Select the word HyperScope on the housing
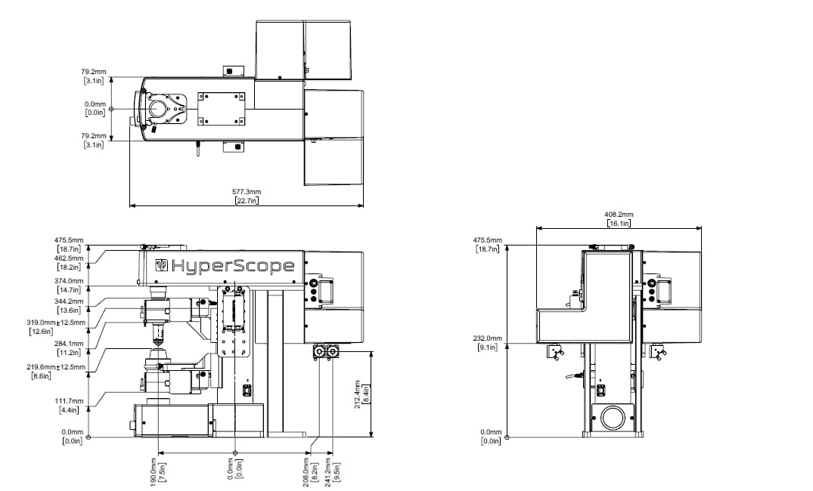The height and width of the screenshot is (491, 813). pyautogui.click(x=233, y=266)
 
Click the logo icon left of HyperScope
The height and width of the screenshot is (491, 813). pyautogui.click(x=162, y=265)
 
